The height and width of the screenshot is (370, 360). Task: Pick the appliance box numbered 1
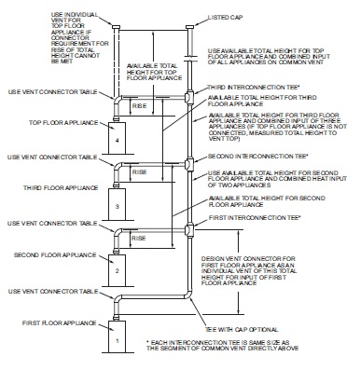coord(117,338)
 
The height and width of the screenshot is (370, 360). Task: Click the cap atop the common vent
coord(190,28)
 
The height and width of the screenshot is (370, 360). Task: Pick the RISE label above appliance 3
coord(136,171)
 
